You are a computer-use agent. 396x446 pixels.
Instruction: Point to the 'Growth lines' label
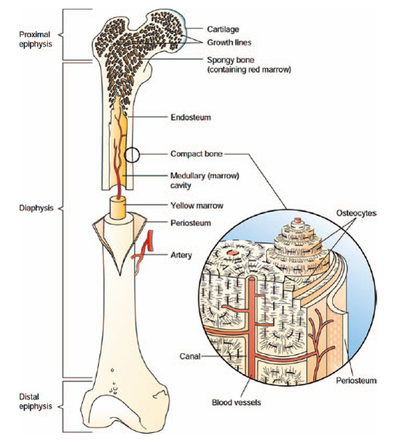click(232, 42)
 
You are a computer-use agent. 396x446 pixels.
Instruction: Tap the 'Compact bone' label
click(196, 154)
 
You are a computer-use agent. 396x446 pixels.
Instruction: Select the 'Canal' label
click(189, 356)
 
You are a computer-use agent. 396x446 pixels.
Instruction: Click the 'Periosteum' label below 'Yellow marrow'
click(190, 222)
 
